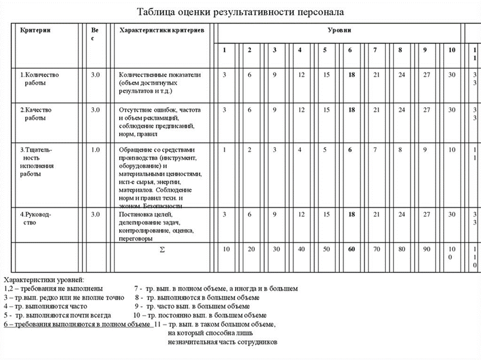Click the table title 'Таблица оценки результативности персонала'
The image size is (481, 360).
click(x=241, y=11)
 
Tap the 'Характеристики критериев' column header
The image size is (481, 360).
click(x=161, y=31)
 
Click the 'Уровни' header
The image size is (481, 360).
click(x=339, y=31)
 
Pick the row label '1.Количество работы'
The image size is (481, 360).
click(x=39, y=78)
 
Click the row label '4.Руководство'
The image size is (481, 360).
click(x=35, y=219)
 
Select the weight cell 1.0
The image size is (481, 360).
click(x=95, y=150)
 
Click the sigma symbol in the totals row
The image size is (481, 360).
click(x=162, y=249)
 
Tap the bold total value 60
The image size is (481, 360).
click(x=352, y=249)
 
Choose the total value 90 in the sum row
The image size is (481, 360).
click(x=426, y=249)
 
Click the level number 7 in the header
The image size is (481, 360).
click(x=375, y=50)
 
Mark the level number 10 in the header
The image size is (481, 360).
click(x=451, y=50)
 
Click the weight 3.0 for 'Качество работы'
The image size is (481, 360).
click(x=95, y=109)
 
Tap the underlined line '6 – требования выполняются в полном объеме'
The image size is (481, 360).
click(x=77, y=325)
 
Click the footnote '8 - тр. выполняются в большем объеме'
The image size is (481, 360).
click(x=197, y=297)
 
